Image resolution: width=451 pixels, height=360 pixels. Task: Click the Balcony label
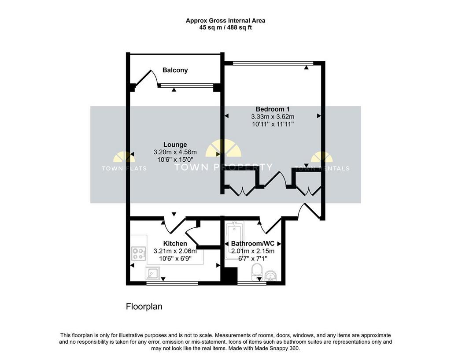(x=175, y=70)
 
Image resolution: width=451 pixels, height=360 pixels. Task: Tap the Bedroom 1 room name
(x=272, y=109)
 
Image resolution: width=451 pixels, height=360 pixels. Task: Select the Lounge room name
(x=175, y=145)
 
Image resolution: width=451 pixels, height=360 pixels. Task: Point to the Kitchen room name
(x=175, y=244)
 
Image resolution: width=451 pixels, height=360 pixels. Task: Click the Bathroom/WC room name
(x=253, y=244)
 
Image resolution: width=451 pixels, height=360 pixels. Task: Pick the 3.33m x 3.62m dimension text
(x=272, y=116)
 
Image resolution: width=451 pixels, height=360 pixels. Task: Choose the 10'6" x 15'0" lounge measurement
(x=175, y=160)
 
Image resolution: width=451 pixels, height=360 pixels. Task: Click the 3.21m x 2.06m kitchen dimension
(x=175, y=251)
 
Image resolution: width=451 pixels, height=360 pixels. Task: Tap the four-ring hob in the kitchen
(x=138, y=254)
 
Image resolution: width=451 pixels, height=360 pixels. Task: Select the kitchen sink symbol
(x=152, y=273)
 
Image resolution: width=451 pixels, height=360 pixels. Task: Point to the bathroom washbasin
(x=270, y=276)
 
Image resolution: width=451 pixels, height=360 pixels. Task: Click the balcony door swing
(x=146, y=77)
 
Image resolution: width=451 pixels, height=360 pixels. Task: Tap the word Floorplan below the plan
(x=144, y=307)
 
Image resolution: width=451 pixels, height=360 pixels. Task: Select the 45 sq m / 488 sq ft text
(x=225, y=28)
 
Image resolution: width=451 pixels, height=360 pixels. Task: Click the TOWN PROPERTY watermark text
(x=223, y=167)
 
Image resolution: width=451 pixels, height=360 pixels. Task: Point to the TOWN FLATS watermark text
(x=124, y=168)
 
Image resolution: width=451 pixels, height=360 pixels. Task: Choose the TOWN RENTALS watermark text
(x=322, y=168)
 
